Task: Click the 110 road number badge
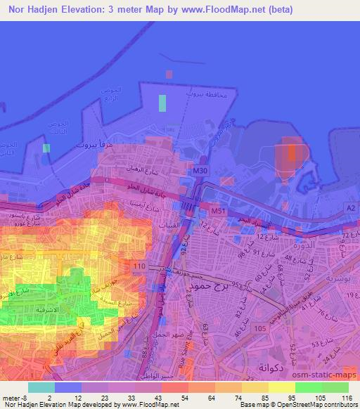(139, 266)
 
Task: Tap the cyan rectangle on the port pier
(163, 103)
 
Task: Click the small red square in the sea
(168, 73)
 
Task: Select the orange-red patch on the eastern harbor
(291, 152)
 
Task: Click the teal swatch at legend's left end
(41, 387)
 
